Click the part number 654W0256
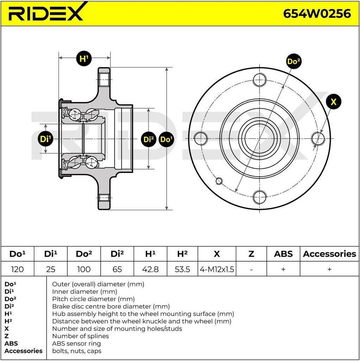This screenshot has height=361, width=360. coord(317,14)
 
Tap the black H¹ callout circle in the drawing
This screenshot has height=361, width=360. coord(84,58)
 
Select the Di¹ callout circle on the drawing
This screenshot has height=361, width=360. coord(45,139)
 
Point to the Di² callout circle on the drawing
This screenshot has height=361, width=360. coord(149,139)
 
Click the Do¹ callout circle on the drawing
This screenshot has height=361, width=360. coord(166,139)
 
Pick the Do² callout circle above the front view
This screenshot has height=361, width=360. coord(294,61)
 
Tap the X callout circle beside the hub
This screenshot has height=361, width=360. coord(333,102)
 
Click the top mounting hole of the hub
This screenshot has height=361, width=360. coord(260,80)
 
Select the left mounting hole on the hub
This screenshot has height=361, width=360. coord(200,138)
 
